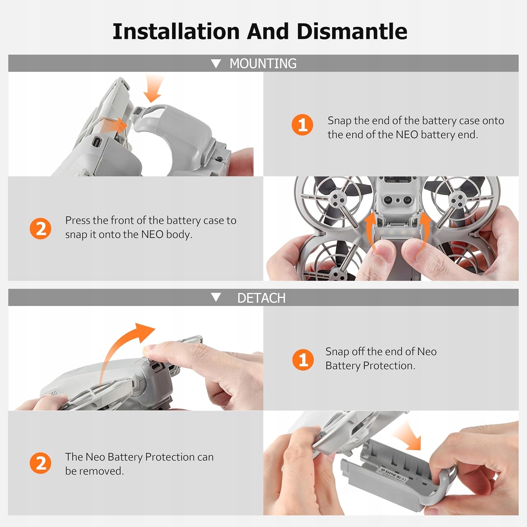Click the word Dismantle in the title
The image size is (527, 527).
click(x=352, y=31)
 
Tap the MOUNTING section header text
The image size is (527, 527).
click(x=263, y=64)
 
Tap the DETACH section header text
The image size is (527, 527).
click(x=261, y=298)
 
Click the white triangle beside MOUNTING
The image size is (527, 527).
click(x=216, y=64)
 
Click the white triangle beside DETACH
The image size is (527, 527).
click(x=216, y=298)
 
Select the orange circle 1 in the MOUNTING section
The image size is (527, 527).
click(x=302, y=125)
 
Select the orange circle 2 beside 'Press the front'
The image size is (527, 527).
click(x=40, y=228)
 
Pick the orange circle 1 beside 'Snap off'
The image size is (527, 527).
click(x=303, y=360)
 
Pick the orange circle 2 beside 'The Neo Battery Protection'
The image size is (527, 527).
click(x=40, y=463)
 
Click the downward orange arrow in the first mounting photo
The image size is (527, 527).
click(x=154, y=89)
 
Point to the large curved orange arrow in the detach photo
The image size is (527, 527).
click(x=116, y=351)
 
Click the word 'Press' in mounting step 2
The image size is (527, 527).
click(x=78, y=220)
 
